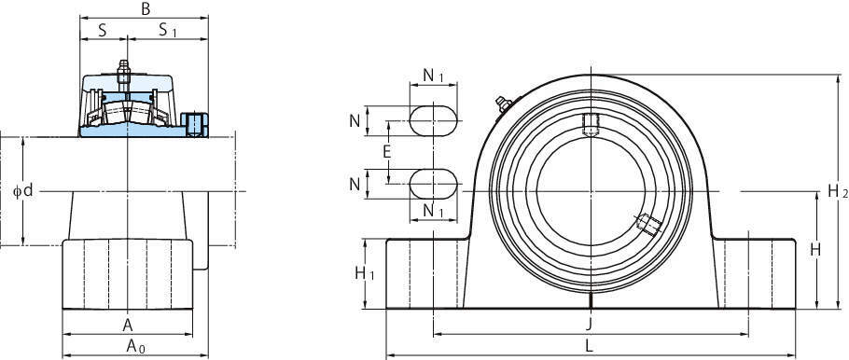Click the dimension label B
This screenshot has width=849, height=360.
tap(146, 8)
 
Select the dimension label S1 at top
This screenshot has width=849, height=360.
tap(168, 31)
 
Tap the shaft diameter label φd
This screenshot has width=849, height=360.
tap(23, 190)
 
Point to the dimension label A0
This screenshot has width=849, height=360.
tap(135, 346)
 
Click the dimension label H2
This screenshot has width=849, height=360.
tap(838, 190)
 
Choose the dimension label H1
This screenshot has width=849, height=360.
tap(365, 274)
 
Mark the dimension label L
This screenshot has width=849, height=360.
tap(590, 344)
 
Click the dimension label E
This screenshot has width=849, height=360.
tap(386, 152)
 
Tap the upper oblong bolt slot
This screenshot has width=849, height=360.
tap(433, 120)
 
